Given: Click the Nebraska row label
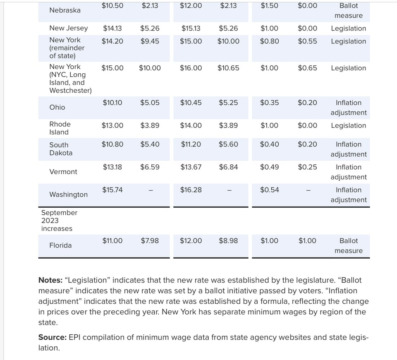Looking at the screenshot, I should (x=65, y=10).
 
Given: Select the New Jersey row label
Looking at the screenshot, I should (x=69, y=28).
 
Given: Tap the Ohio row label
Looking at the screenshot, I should (x=57, y=107).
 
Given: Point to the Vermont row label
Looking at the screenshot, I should (x=63, y=172).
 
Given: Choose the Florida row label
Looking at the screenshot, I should (x=60, y=245).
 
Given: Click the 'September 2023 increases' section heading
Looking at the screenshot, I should (x=59, y=221).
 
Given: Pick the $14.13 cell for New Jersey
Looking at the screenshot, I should (x=112, y=29).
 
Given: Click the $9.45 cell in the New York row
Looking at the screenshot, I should (x=150, y=41).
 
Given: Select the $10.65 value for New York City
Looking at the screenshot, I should (x=228, y=68).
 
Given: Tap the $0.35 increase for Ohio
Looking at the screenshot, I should (x=269, y=103).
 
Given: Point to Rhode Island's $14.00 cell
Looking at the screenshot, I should (x=191, y=125).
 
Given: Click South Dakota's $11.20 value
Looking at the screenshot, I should (x=191, y=144).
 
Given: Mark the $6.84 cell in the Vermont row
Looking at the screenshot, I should (x=228, y=167).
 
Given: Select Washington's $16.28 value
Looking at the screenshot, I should (x=191, y=190).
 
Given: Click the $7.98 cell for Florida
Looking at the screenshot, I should (x=150, y=241).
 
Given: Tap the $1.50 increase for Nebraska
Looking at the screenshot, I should (x=269, y=6).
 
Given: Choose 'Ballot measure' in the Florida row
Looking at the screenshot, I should (x=348, y=246).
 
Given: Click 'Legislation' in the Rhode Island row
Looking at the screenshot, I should (x=348, y=125).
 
